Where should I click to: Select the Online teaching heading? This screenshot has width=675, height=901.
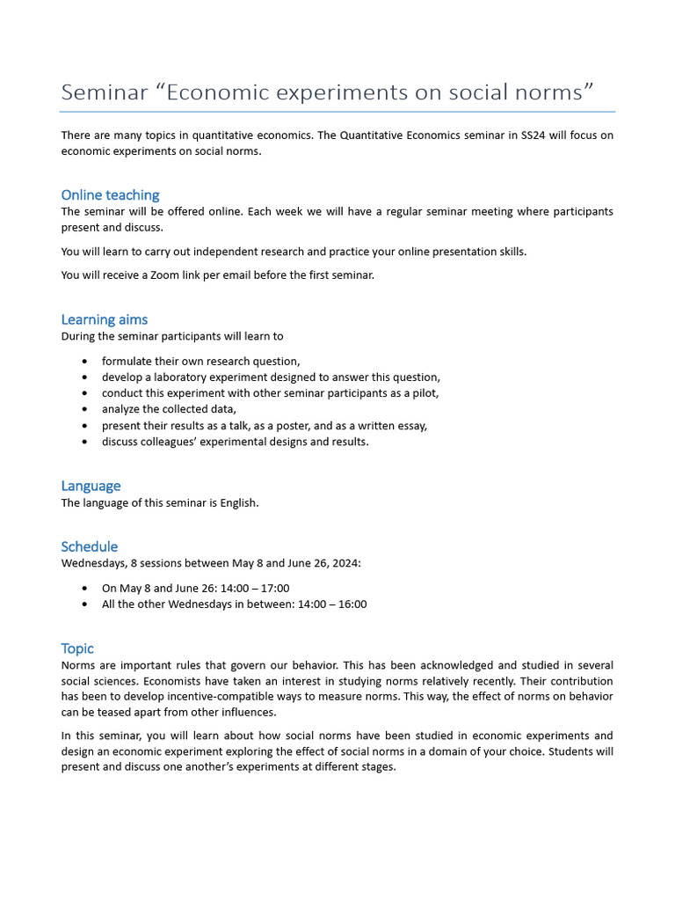[110, 195]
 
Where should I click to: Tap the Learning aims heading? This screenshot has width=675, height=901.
[104, 319]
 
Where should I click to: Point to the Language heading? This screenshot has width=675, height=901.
[91, 486]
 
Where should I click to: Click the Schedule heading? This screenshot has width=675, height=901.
[89, 546]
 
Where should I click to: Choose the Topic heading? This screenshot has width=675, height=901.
[77, 648]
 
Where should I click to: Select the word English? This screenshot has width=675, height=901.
[237, 503]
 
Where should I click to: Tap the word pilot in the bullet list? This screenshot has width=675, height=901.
[423, 393]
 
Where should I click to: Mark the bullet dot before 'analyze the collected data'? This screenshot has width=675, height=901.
[84, 410]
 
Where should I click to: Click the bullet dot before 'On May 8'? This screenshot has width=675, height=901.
[84, 589]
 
